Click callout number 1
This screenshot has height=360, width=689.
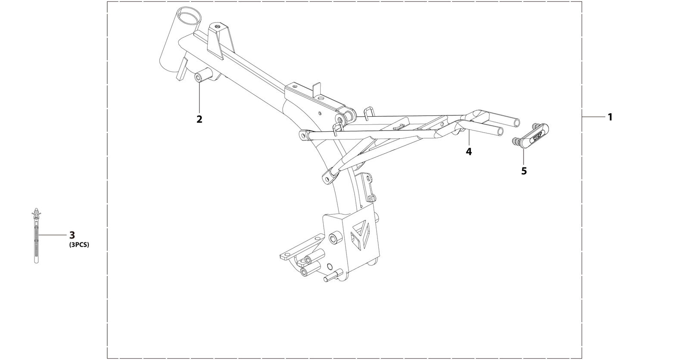pyautogui.click(x=610, y=117)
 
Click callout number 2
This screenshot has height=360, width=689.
pyautogui.click(x=200, y=119)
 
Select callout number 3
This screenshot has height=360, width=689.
pyautogui.click(x=72, y=235)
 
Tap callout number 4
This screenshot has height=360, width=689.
pyautogui.click(x=469, y=152)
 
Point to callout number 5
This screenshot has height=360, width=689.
pyautogui.click(x=524, y=171)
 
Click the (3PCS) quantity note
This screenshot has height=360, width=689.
pyautogui.click(x=79, y=245)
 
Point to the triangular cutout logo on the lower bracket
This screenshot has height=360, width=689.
pyautogui.click(x=363, y=235)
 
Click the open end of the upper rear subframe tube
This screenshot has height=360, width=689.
pyautogui.click(x=517, y=123)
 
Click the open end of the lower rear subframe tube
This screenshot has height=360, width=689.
pyautogui.click(x=500, y=132)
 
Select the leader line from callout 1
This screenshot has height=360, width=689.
pyautogui.click(x=594, y=117)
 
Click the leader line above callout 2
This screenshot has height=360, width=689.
pyautogui.click(x=200, y=97)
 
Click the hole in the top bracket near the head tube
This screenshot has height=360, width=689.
pyautogui.click(x=218, y=27)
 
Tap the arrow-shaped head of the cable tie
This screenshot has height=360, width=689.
pyautogui.click(x=36, y=212)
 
